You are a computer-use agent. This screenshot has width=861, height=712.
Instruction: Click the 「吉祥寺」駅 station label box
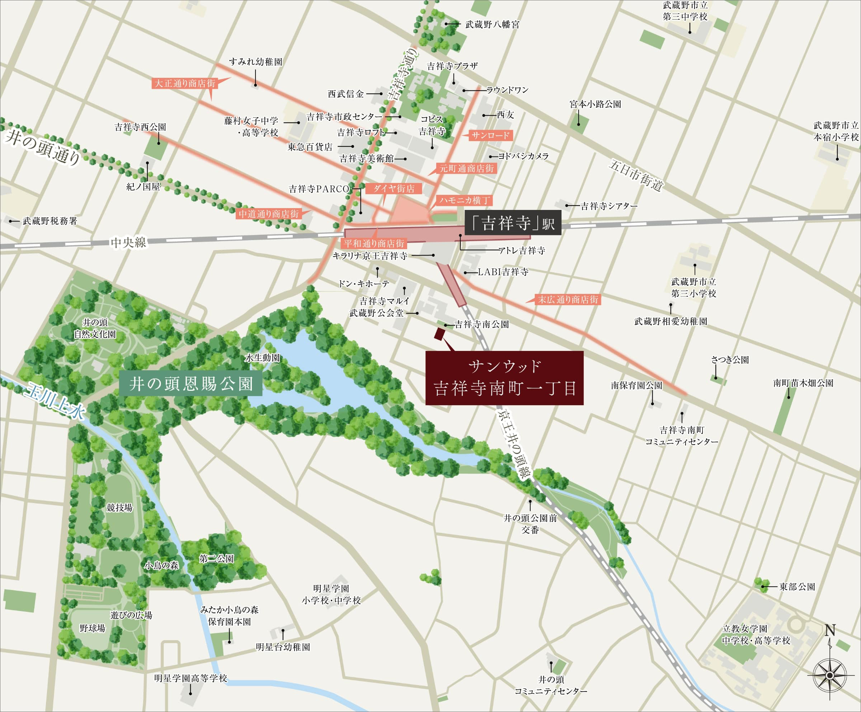[513, 223]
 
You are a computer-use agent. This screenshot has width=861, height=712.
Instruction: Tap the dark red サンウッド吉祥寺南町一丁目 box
[504, 378]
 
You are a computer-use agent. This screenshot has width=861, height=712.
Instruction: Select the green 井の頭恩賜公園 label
[190, 384]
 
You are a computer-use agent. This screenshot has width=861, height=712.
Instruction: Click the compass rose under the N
[829, 675]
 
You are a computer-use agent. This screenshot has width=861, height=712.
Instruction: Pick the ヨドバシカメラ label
[523, 156]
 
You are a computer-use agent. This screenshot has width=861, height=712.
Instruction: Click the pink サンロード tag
[490, 135]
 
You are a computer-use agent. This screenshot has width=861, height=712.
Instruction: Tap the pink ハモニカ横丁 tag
[465, 200]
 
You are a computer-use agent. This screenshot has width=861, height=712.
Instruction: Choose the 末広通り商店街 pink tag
[568, 299]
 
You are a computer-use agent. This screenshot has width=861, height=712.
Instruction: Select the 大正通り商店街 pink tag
[184, 83]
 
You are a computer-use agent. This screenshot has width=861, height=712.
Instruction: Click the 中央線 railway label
[128, 242]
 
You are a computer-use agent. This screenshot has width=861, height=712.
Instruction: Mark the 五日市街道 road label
[636, 175]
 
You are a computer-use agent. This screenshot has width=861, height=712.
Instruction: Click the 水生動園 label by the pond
[262, 358]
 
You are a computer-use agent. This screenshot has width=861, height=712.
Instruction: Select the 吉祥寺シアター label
[609, 206]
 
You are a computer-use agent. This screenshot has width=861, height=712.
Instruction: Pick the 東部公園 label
[797, 586]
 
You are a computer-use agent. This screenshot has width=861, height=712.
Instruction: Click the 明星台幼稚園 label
[283, 647]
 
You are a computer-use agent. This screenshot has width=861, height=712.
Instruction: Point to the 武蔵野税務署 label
[50, 221]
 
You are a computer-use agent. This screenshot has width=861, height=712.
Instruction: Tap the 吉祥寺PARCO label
[319, 189]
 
